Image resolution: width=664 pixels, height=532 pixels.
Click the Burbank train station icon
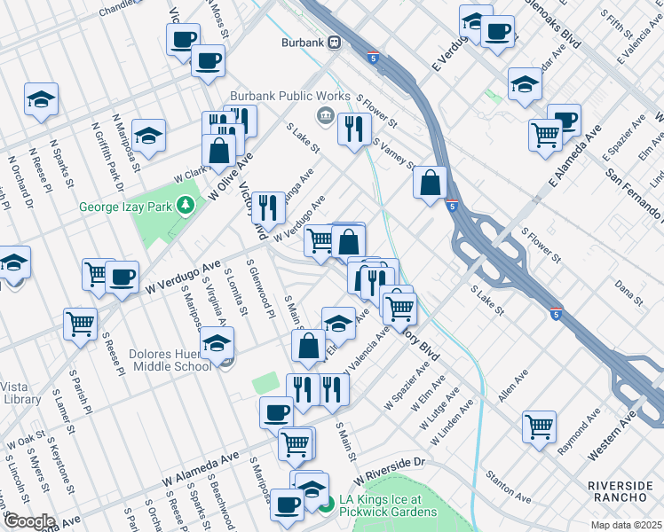click(336, 42)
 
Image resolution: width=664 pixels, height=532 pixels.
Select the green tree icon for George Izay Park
click(186, 206)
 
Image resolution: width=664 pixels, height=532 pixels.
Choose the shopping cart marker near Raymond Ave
click(540, 426)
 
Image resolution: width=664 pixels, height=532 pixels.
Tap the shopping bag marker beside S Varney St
click(430, 183)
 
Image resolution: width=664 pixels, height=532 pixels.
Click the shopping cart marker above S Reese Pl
click(81, 324)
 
